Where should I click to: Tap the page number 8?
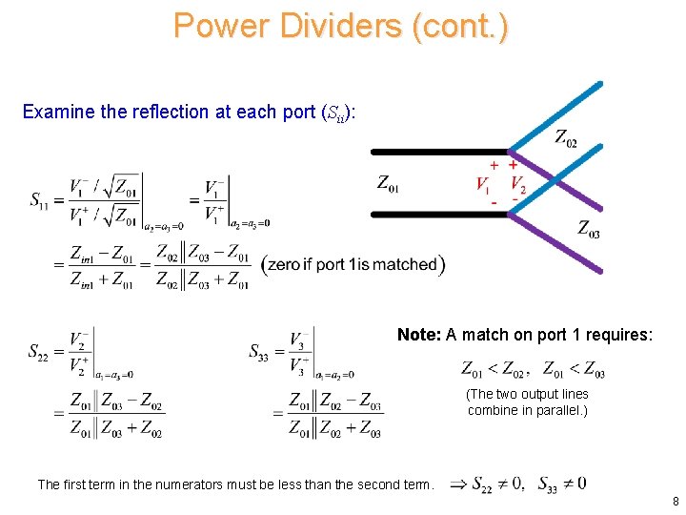pyautogui.click(x=675, y=501)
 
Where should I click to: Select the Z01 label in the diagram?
pyautogui.click(x=388, y=183)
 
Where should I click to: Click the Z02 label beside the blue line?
pyautogui.click(x=566, y=139)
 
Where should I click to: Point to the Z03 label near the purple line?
pyautogui.click(x=589, y=229)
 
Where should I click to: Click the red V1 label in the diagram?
pyautogui.click(x=483, y=184)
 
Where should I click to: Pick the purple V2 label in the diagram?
pyautogui.click(x=518, y=184)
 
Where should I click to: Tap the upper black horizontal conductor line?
pyautogui.click(x=438, y=152)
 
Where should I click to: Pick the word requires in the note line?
pyautogui.click(x=623, y=335)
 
